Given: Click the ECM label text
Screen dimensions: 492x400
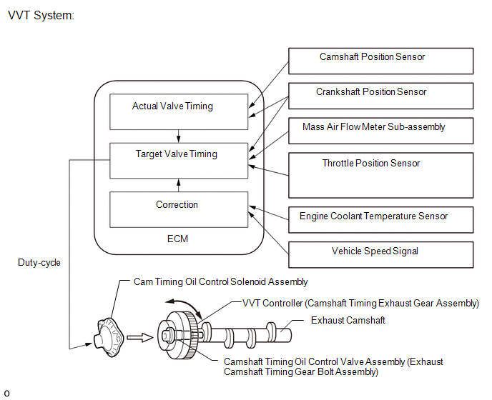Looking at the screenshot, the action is pos(177,239).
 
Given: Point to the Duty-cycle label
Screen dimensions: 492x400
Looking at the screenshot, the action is pos(39,262).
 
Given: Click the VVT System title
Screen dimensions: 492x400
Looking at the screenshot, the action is pos(41,16).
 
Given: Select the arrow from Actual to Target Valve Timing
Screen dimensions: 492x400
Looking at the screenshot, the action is pos(179,136).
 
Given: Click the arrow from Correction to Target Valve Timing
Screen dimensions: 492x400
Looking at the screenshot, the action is pos(179,185).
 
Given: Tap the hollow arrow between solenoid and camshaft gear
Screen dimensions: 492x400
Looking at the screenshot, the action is pos(140,337).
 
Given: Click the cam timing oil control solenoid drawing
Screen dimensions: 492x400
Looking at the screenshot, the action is pos(109,337).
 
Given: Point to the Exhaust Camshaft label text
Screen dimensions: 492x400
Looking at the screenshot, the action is pos(348,321).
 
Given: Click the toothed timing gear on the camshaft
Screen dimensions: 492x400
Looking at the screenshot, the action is pos(192,336).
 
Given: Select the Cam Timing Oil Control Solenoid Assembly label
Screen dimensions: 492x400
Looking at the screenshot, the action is pos(220,282).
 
